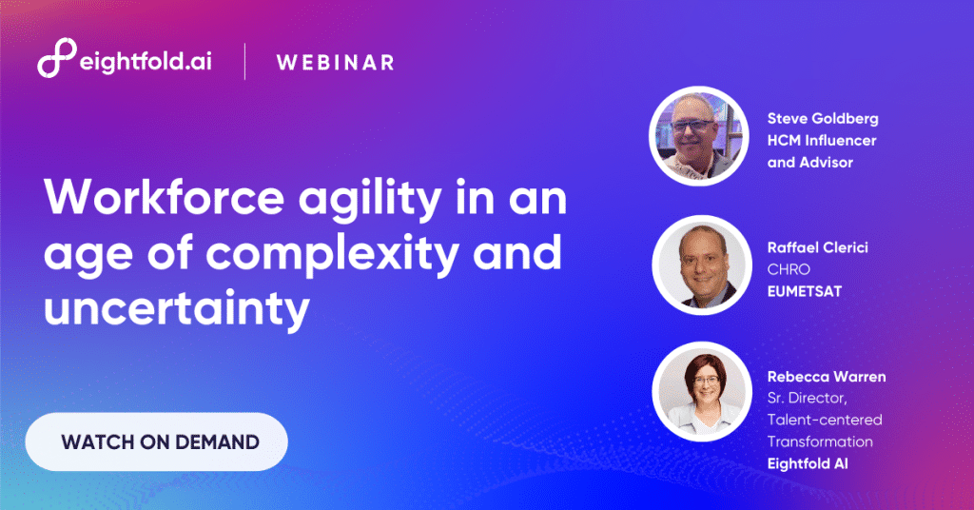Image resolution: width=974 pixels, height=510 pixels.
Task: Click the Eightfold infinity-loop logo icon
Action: (x=54, y=60)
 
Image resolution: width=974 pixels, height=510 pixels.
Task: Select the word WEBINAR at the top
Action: (x=335, y=63)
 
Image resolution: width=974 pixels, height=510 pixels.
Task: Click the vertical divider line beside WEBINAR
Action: (x=245, y=61)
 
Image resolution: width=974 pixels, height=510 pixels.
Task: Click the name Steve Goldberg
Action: (x=823, y=119)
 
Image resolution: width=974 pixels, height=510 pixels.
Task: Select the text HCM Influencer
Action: (x=822, y=140)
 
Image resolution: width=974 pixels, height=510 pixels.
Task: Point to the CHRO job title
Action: (x=789, y=269)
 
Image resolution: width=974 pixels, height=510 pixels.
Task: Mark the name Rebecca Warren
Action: (x=827, y=377)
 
